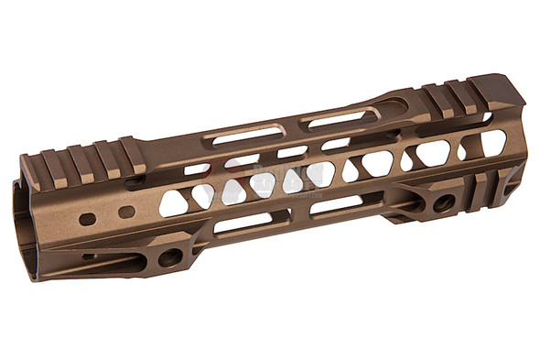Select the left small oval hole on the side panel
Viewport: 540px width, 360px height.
87,219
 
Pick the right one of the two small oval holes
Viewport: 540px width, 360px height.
126,212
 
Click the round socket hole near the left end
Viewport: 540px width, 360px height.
169,257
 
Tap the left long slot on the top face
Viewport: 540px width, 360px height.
243,136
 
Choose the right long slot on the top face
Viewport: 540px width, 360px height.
343,117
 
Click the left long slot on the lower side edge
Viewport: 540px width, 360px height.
242,223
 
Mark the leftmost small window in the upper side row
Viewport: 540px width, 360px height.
196,169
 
